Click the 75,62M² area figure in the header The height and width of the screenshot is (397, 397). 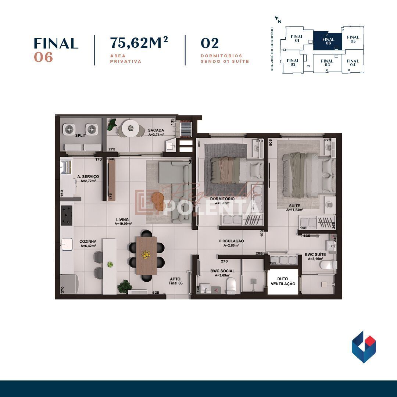pyautogui.click(x=139, y=43)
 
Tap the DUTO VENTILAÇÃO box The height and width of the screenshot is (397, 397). pyautogui.click(x=283, y=282)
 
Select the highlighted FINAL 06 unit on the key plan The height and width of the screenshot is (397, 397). pyautogui.click(x=328, y=41)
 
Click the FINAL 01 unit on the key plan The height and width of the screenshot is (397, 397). pyautogui.click(x=297, y=39)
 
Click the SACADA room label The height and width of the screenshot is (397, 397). pyautogui.click(x=156, y=130)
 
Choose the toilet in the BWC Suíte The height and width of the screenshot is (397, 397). pyautogui.click(x=328, y=265)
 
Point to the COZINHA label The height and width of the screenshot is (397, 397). pyautogui.click(x=88, y=242)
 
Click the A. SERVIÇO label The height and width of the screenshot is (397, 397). pyautogui.click(x=88, y=177)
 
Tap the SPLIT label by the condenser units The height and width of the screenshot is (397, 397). pyautogui.click(x=81, y=136)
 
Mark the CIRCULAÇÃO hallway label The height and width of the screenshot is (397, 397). pyautogui.click(x=231, y=241)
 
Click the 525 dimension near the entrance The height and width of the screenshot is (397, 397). pyautogui.click(x=155, y=293)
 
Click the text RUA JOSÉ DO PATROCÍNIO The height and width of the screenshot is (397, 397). pyautogui.click(x=272, y=49)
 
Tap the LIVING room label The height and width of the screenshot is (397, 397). pyautogui.click(x=123, y=220)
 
